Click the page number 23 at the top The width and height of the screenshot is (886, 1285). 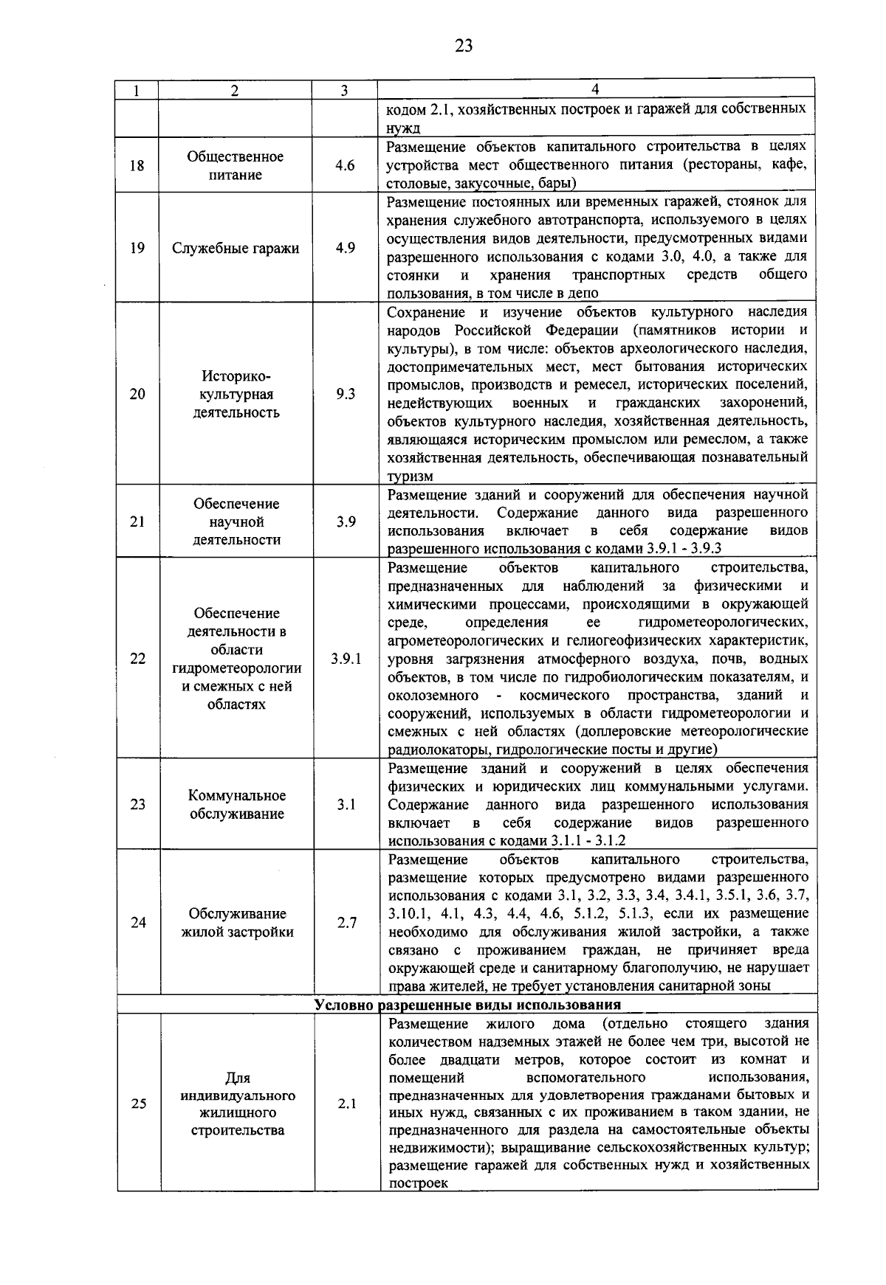coord(463,46)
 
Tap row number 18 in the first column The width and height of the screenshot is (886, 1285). coord(137,165)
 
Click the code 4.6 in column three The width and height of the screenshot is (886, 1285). coord(345,165)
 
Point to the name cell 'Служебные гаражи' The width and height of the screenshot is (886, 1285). coord(236,248)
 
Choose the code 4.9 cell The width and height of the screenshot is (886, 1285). coord(345,248)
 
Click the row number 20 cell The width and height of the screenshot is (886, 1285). coord(137,394)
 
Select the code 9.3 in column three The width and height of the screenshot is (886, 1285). coord(345,394)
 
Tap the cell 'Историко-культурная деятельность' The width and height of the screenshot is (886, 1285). coord(236,394)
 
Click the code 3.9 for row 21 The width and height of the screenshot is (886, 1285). coord(346,522)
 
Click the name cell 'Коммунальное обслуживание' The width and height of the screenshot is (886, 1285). coord(236,805)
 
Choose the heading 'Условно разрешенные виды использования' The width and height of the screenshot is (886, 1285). coord(467,1005)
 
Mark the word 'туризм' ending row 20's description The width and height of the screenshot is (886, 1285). coord(411,476)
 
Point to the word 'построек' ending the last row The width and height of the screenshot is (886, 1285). coord(418,1182)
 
